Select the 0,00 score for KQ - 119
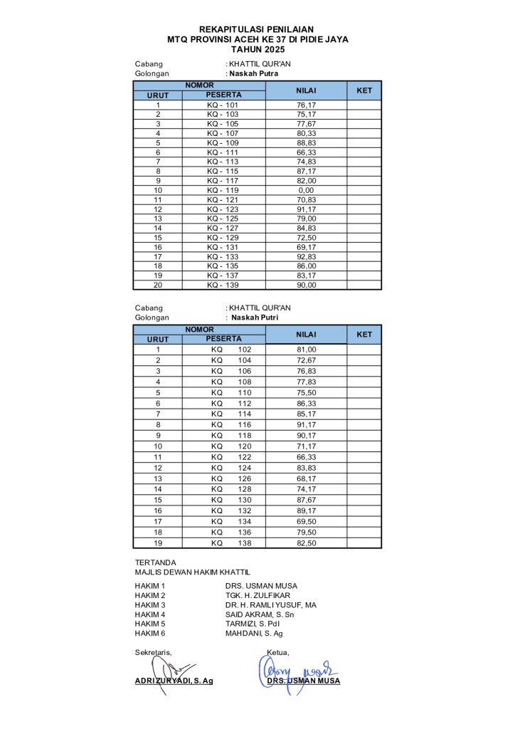[x=307, y=190]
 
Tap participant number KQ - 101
[x=223, y=105]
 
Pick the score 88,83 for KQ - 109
[x=307, y=142]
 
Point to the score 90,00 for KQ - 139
[x=307, y=285]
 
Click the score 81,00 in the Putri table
[x=307, y=350]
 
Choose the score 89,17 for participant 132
[x=307, y=510]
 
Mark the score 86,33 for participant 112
[x=307, y=403]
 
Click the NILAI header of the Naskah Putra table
[x=307, y=90]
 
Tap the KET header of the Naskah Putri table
[x=364, y=335]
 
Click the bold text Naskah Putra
[x=253, y=73]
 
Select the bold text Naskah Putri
[x=255, y=318]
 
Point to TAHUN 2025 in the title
[x=257, y=50]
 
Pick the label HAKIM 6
[x=150, y=634]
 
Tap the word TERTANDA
[x=156, y=562]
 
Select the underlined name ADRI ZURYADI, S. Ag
[x=174, y=681]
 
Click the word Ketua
[x=277, y=652]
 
